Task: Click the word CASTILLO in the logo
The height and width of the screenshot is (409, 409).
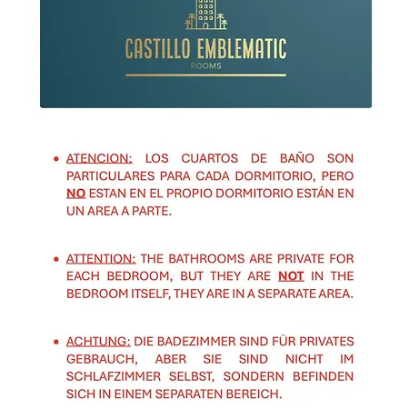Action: [158, 48]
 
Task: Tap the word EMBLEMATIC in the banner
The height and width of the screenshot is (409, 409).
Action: [241, 48]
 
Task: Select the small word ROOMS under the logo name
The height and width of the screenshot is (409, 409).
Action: [205, 66]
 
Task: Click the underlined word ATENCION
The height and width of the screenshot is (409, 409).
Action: [99, 158]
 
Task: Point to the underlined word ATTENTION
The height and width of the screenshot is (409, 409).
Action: [101, 259]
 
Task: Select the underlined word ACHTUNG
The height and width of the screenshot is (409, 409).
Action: [98, 342]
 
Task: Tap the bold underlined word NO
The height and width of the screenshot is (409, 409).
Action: [76, 194]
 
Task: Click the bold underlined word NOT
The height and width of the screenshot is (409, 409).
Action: [291, 276]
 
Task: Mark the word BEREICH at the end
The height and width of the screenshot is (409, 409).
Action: [253, 394]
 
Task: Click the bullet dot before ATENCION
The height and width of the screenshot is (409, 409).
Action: [56, 159]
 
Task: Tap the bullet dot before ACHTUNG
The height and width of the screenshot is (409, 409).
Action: [56, 343]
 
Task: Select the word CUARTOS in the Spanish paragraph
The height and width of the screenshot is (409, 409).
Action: [208, 158]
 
